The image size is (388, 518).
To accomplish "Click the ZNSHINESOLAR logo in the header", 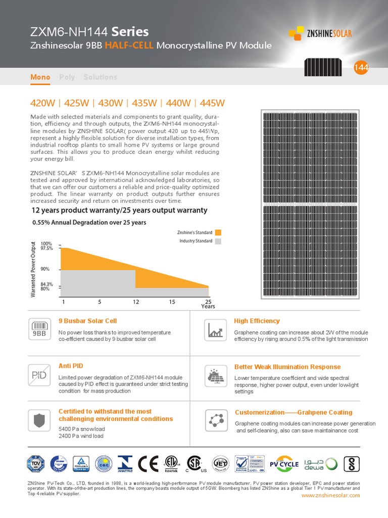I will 320,34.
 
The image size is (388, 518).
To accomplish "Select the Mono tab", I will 40,77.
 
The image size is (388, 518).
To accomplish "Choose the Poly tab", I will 67,77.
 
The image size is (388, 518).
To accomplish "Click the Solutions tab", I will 100,77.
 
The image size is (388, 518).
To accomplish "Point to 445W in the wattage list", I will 212,103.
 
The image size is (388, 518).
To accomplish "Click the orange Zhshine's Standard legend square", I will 218,233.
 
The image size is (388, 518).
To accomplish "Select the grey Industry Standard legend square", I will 218,241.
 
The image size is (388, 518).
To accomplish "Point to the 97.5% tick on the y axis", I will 46,248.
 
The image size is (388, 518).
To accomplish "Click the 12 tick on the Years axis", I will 136,301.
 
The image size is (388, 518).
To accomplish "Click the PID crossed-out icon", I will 39,375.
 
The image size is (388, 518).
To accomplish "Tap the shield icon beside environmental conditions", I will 39,419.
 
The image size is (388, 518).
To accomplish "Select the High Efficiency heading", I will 257,321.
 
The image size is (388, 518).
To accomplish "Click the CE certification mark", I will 148,464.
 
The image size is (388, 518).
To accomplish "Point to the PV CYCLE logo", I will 284,463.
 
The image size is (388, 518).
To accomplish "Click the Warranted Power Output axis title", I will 34,269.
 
